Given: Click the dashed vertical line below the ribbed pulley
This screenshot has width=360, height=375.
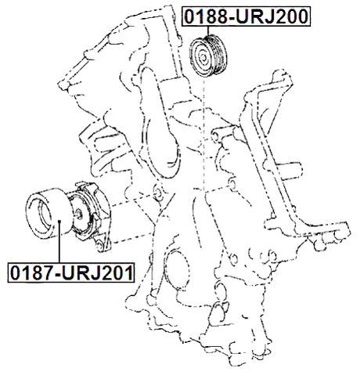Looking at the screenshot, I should [204, 133].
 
